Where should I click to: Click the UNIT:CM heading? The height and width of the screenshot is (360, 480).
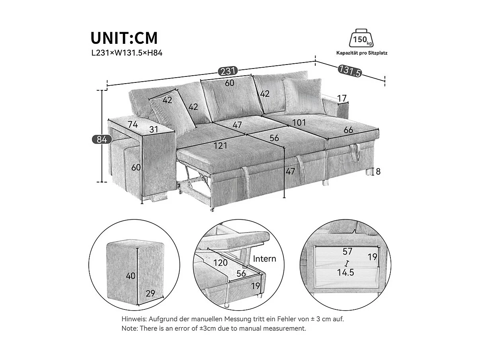[x=124, y=38]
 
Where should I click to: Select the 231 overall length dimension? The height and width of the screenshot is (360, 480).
[x=228, y=71]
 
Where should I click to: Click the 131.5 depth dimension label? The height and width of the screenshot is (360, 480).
[x=350, y=71]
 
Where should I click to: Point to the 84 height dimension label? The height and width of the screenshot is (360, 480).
[x=100, y=139]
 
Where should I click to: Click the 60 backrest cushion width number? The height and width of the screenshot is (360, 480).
[x=229, y=83]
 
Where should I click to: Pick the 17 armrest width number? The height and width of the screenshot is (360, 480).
[x=341, y=98]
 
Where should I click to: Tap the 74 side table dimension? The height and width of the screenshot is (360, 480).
[x=133, y=124]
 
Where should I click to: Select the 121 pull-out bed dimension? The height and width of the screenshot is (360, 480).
[x=220, y=146]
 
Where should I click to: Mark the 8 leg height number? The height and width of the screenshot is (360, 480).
[x=378, y=172]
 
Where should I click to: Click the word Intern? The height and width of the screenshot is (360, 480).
[x=264, y=258]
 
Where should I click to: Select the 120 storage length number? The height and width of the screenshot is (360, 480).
[x=220, y=262]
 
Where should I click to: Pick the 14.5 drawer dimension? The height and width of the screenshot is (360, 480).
[x=346, y=272]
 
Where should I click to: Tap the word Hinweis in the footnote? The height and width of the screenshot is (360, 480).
[x=134, y=319]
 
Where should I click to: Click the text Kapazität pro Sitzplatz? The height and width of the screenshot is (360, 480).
[x=361, y=53]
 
